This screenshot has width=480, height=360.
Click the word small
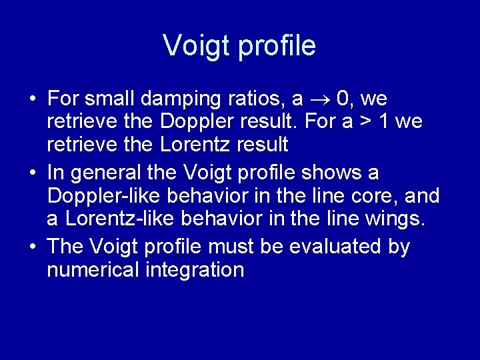tap(113, 99)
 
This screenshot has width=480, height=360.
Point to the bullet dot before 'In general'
tap(32, 174)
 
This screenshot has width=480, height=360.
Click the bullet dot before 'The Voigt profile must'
tap(32, 247)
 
